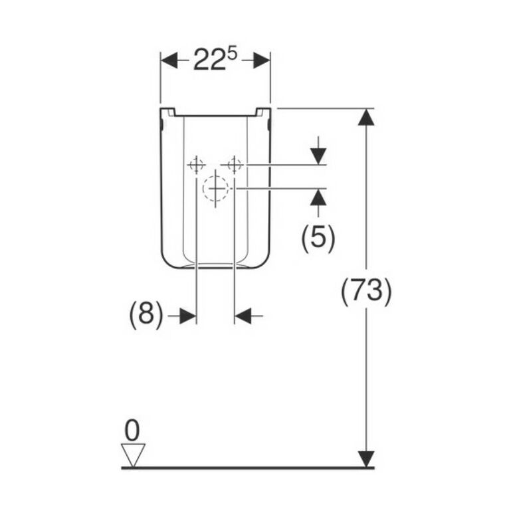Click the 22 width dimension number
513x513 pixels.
click(x=210, y=60)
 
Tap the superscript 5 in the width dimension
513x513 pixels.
click(x=232, y=54)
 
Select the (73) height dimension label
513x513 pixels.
click(x=366, y=291)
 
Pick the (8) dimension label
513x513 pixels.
click(x=146, y=314)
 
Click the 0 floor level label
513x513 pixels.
click(x=132, y=430)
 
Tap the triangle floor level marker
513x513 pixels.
click(x=133, y=455)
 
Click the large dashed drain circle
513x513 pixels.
click(x=215, y=188)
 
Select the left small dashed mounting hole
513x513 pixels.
click(x=196, y=165)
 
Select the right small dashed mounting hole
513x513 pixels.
click(x=235, y=165)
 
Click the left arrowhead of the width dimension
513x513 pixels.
click(x=169, y=60)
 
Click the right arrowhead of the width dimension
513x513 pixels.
click(x=262, y=60)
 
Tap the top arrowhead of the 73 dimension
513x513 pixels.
click(x=366, y=117)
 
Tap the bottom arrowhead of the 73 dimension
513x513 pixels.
click(x=366, y=459)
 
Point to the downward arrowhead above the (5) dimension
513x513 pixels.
click(x=318, y=156)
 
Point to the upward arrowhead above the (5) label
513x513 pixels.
click(x=318, y=197)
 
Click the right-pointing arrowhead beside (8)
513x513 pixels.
click(x=188, y=316)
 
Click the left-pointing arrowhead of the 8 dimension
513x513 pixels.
click(x=243, y=316)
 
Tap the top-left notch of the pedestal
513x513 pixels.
click(x=167, y=112)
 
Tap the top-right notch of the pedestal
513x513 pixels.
click(x=263, y=112)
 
